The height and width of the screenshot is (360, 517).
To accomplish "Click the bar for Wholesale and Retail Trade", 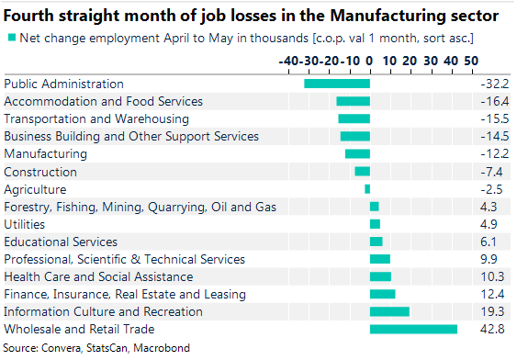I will [x=413, y=330].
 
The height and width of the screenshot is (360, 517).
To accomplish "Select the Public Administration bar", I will [x=337, y=84].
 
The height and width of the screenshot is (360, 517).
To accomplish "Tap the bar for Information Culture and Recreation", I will [x=389, y=312].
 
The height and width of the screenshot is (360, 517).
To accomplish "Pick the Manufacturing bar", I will [x=357, y=154].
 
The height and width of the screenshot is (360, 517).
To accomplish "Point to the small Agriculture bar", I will [x=367, y=189].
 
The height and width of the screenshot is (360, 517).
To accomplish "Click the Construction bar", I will [x=362, y=172].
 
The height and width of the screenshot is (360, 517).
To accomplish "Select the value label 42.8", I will [x=488, y=330].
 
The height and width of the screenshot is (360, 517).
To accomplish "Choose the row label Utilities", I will [x=24, y=224].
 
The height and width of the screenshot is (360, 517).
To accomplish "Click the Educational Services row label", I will [x=61, y=242].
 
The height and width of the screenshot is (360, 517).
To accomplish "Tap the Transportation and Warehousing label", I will [x=96, y=119].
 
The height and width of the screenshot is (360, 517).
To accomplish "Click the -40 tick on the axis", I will [x=289, y=60].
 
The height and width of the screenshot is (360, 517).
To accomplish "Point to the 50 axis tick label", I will [x=471, y=60].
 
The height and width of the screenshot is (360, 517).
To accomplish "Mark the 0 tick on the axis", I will [x=369, y=60].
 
